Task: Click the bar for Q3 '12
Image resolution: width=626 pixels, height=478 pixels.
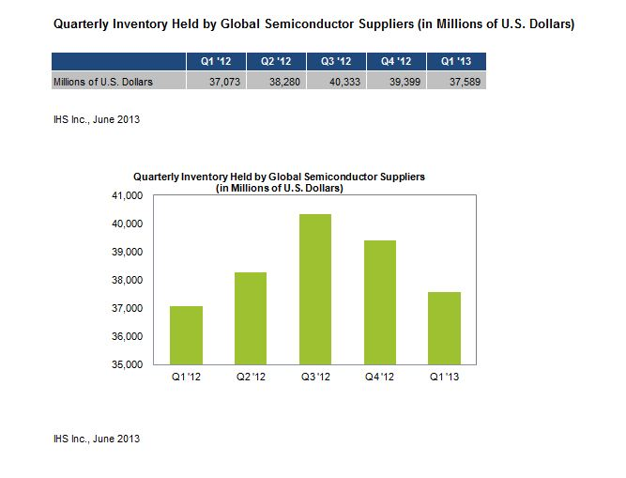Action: (314, 289)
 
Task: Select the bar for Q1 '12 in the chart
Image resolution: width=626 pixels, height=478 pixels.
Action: (187, 335)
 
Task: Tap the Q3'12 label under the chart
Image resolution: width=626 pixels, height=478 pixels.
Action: (314, 378)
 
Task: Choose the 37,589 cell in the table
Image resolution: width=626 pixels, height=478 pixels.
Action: (459, 82)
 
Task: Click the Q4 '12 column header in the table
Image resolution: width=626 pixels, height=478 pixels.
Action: (394, 63)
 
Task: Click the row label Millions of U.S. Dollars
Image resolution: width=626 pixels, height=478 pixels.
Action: (101, 82)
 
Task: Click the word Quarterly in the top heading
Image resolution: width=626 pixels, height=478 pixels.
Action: (81, 23)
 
